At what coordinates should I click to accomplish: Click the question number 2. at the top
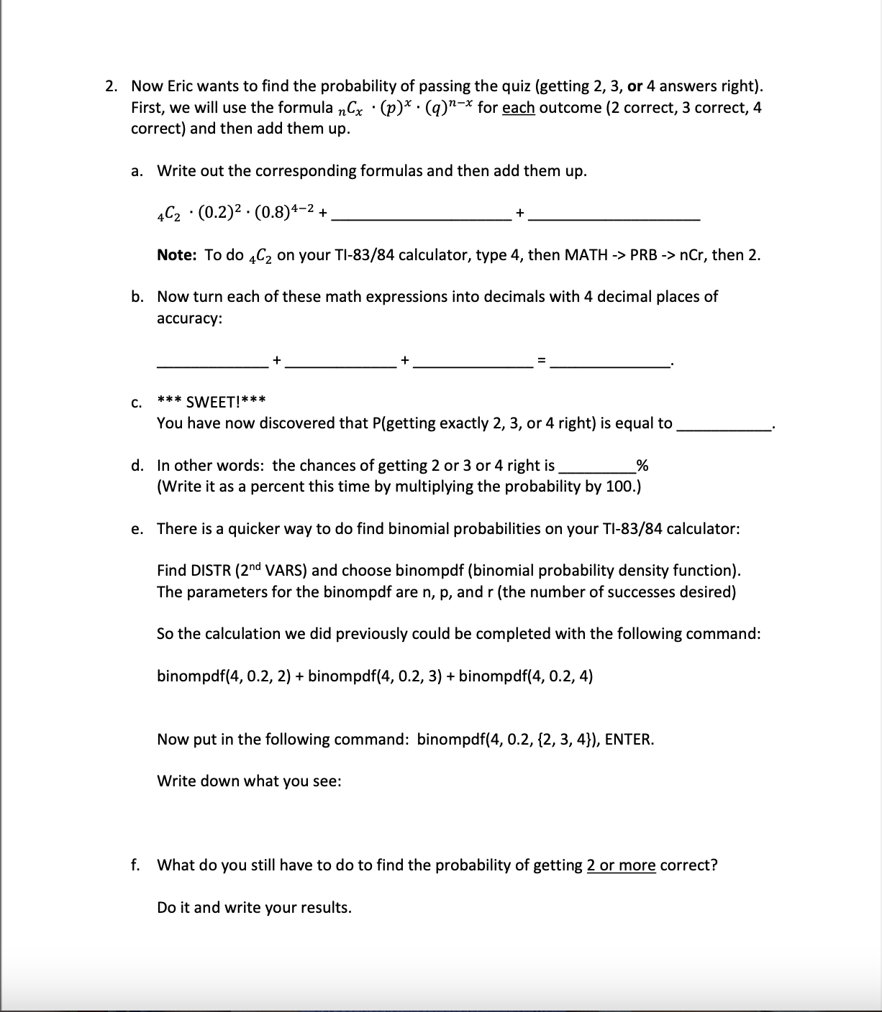(111, 86)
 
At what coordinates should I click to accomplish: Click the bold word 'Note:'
(179, 255)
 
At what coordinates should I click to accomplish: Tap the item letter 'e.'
(137, 529)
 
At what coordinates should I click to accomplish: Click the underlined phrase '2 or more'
(621, 865)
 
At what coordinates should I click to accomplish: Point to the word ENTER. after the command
(629, 740)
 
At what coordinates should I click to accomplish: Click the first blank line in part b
(212, 362)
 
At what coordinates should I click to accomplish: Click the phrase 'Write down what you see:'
(249, 781)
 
